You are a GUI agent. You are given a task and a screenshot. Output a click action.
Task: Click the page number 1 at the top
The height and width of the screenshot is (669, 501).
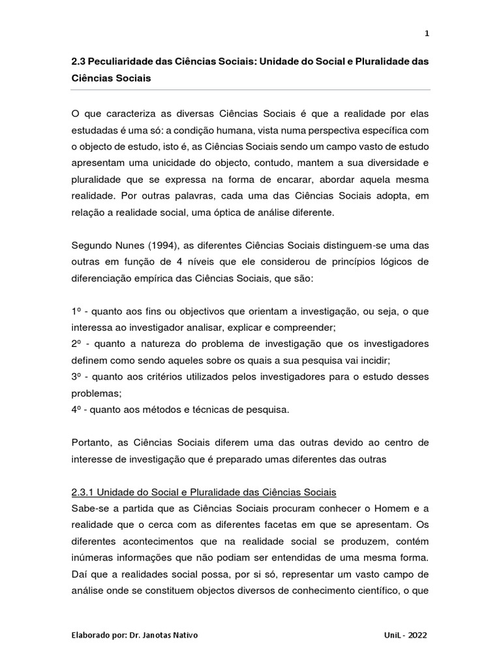427,34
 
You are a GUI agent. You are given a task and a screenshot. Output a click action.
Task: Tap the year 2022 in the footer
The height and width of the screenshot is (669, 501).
417,635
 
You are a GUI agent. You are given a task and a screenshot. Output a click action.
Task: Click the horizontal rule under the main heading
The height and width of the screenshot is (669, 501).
250,90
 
